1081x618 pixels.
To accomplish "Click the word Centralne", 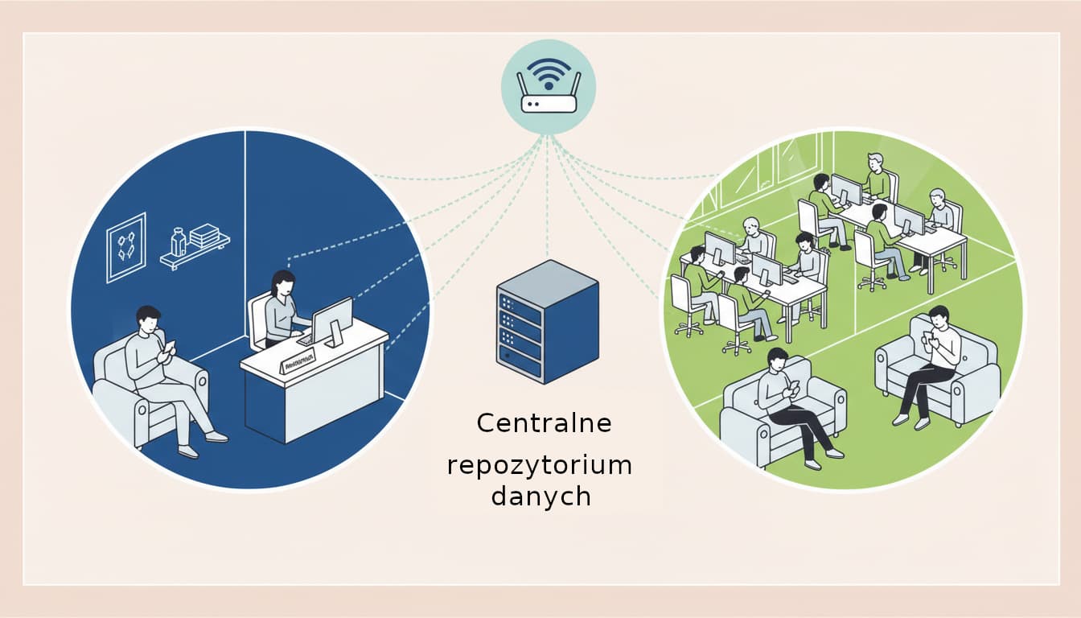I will (x=544, y=423).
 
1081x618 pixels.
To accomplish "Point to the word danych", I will (x=540, y=496).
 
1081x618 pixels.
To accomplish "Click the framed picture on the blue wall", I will (x=126, y=247).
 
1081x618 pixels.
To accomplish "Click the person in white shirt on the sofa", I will (x=933, y=362).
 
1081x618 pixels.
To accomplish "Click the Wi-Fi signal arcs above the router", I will (x=549, y=71).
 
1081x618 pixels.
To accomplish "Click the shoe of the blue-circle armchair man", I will (x=216, y=437).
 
